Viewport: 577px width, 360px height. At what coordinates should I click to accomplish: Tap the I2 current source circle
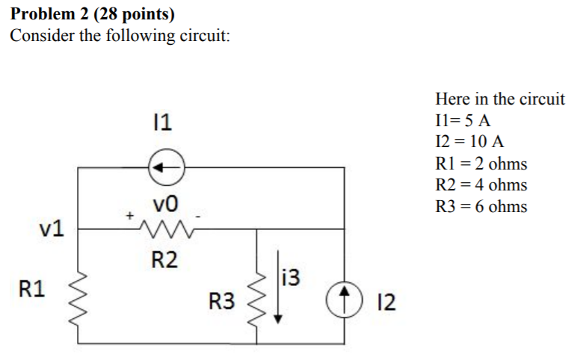(345, 302)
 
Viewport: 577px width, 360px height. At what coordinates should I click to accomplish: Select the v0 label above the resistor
(164, 205)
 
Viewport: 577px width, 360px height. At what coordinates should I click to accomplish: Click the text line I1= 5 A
(462, 120)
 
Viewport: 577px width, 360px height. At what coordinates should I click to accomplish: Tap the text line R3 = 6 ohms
(481, 206)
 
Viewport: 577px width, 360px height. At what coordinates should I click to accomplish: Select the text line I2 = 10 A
(469, 142)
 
